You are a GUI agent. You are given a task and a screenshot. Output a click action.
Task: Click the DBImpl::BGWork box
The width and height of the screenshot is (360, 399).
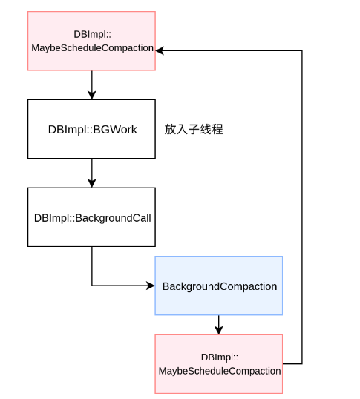[x=92, y=129]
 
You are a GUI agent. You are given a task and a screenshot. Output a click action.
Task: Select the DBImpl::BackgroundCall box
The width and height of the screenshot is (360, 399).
[x=92, y=217]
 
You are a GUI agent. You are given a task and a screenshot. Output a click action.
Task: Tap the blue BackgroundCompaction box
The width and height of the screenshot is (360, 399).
[x=219, y=286]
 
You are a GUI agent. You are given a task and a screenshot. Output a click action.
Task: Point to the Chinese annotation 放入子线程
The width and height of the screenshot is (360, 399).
[x=194, y=129]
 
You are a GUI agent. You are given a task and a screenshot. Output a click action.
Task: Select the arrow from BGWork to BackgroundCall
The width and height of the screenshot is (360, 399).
[x=92, y=172]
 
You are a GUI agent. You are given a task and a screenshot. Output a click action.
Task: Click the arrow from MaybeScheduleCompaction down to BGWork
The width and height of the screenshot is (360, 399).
[x=92, y=84]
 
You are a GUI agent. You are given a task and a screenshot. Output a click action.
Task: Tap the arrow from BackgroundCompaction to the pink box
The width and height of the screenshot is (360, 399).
[x=219, y=324]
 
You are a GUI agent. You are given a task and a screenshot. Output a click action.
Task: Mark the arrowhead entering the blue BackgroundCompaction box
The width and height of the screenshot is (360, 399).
[x=151, y=286]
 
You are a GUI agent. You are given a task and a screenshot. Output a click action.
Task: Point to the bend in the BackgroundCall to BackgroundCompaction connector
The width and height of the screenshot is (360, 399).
[x=92, y=286]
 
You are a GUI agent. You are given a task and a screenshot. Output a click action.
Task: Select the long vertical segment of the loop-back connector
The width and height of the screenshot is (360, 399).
[x=302, y=208]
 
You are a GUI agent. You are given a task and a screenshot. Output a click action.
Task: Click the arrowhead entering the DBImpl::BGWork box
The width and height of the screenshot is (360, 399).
[x=92, y=96]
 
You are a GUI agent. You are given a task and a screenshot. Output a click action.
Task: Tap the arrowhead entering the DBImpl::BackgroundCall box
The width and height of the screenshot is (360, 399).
[x=92, y=183]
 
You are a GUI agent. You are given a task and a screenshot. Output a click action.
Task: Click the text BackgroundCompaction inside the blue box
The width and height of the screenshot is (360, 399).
[x=220, y=286]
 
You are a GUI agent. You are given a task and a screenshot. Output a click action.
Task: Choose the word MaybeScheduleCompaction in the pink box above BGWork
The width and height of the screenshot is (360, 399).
[x=92, y=48]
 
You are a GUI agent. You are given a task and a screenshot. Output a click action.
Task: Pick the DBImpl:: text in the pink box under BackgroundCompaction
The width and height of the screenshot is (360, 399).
[x=220, y=357]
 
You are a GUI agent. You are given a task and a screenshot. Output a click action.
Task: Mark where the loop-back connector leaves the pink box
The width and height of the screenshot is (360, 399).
[x=284, y=363]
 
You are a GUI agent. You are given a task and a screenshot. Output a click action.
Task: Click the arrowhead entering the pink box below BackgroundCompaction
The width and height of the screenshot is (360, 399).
[x=219, y=330]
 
